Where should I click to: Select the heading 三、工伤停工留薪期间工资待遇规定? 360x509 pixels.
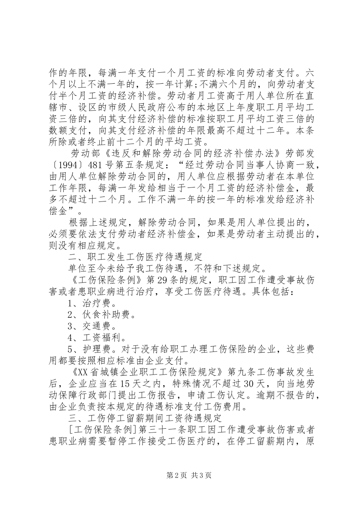[x=145, y=418]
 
